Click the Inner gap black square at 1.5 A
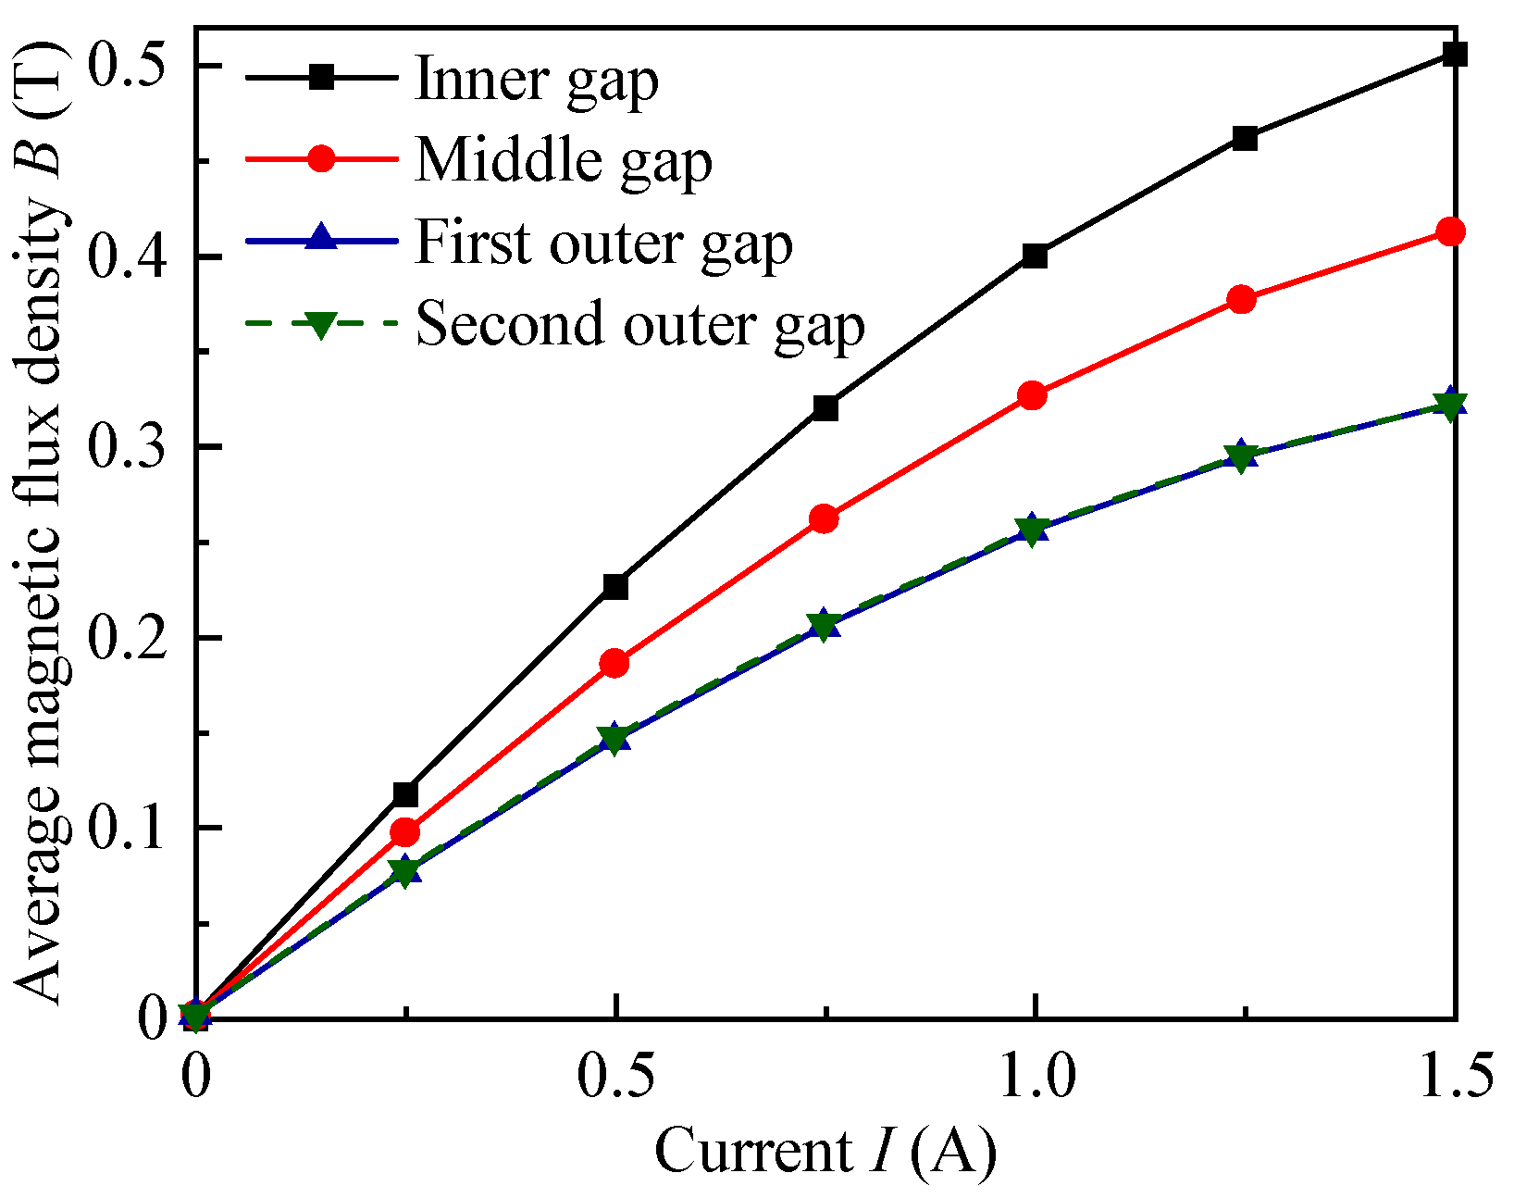1455,54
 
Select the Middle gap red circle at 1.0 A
1033,396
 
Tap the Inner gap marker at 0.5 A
615,586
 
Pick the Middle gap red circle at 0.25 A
404,832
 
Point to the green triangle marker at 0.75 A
823,626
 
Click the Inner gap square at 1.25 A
1245,139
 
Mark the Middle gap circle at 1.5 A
1451,231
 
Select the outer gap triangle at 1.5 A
1451,405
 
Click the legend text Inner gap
537,80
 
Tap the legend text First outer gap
603,243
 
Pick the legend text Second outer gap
640,324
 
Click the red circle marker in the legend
321,158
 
